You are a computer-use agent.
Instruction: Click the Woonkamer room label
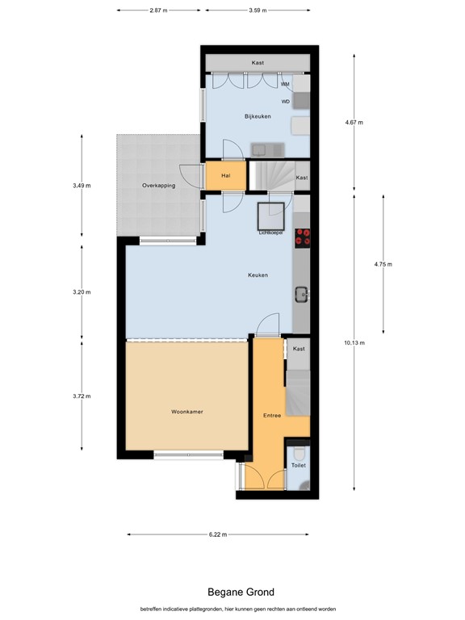[187, 412]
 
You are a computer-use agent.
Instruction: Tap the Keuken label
[258, 274]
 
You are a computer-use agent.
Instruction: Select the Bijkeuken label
[258, 116]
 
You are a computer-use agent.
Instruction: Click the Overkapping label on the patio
[158, 186]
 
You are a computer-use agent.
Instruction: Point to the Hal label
[226, 175]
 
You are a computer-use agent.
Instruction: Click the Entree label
[272, 415]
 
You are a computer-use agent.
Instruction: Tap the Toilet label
[299, 465]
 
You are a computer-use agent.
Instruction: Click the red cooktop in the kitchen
[303, 238]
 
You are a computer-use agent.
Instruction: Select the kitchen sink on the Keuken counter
[302, 295]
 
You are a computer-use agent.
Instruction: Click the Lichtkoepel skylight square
[271, 216]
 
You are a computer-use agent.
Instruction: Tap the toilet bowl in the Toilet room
[300, 451]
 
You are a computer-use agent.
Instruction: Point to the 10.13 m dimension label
[354, 343]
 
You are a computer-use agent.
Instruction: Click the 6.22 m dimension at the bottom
[218, 534]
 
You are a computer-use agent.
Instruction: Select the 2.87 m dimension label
[158, 10]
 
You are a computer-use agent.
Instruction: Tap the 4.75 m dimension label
[383, 265]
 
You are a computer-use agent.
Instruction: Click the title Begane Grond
[241, 592]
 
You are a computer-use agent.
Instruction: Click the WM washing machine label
[285, 84]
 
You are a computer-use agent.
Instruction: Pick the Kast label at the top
[258, 62]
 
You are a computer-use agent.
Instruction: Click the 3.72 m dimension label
[82, 396]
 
